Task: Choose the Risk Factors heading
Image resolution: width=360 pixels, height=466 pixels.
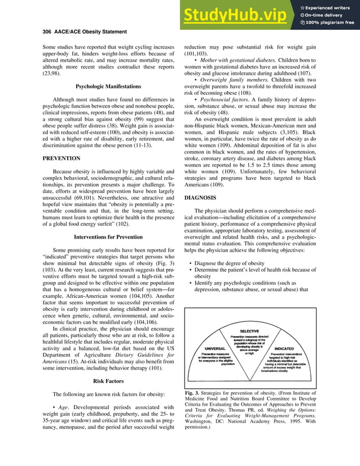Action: pyautogui.click(x=108, y=381)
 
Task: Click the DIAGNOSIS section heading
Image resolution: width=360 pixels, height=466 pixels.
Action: pyautogui.click(x=200, y=198)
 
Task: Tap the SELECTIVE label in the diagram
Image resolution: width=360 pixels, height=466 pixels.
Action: pyautogui.click(x=249, y=331)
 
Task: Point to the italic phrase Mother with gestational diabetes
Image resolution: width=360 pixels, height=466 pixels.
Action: pyautogui.click(x=235, y=59)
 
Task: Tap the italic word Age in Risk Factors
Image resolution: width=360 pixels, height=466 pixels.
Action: pyautogui.click(x=63, y=406)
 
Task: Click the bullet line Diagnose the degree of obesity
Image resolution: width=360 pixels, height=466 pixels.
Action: pyautogui.click(x=233, y=263)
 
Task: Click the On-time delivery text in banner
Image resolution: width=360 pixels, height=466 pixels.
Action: pyautogui.click(x=329, y=15)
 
